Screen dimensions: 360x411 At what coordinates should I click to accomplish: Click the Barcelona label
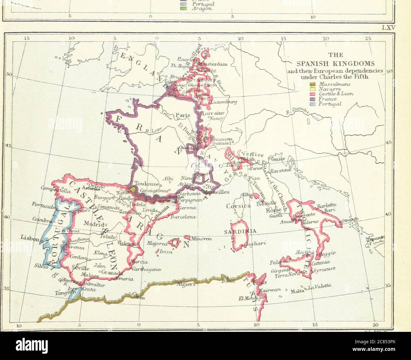[x=183, y=217]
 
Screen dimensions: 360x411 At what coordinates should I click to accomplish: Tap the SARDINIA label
[x=244, y=232]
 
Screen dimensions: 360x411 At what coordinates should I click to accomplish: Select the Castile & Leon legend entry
[x=336, y=94]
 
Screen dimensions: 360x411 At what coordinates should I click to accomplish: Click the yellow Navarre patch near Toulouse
[x=133, y=190]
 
